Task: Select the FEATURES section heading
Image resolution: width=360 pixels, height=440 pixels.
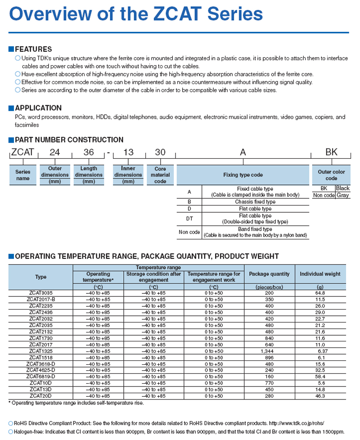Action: pos(33,49)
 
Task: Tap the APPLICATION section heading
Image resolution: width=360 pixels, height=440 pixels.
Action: pos(38,108)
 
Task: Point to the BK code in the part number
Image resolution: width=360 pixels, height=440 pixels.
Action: pos(331,153)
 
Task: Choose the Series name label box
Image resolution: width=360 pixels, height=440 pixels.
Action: pos(22,175)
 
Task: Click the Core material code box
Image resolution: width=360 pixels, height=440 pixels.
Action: pos(160,175)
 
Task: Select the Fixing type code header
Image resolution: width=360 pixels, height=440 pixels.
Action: pos(243,175)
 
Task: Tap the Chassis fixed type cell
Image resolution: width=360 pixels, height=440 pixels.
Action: pos(254,202)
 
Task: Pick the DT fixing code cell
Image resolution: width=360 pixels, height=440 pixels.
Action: pos(189,219)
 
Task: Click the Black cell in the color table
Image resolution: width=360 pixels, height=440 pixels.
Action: pos(342,189)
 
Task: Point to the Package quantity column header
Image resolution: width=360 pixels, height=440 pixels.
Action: pos(269,274)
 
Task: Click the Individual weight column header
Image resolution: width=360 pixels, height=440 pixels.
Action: pos(320,274)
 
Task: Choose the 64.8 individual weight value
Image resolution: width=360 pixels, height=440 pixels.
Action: pos(320,292)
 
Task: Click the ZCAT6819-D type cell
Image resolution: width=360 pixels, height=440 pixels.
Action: pos(40,376)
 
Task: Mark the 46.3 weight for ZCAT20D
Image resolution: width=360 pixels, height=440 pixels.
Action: pos(320,395)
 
